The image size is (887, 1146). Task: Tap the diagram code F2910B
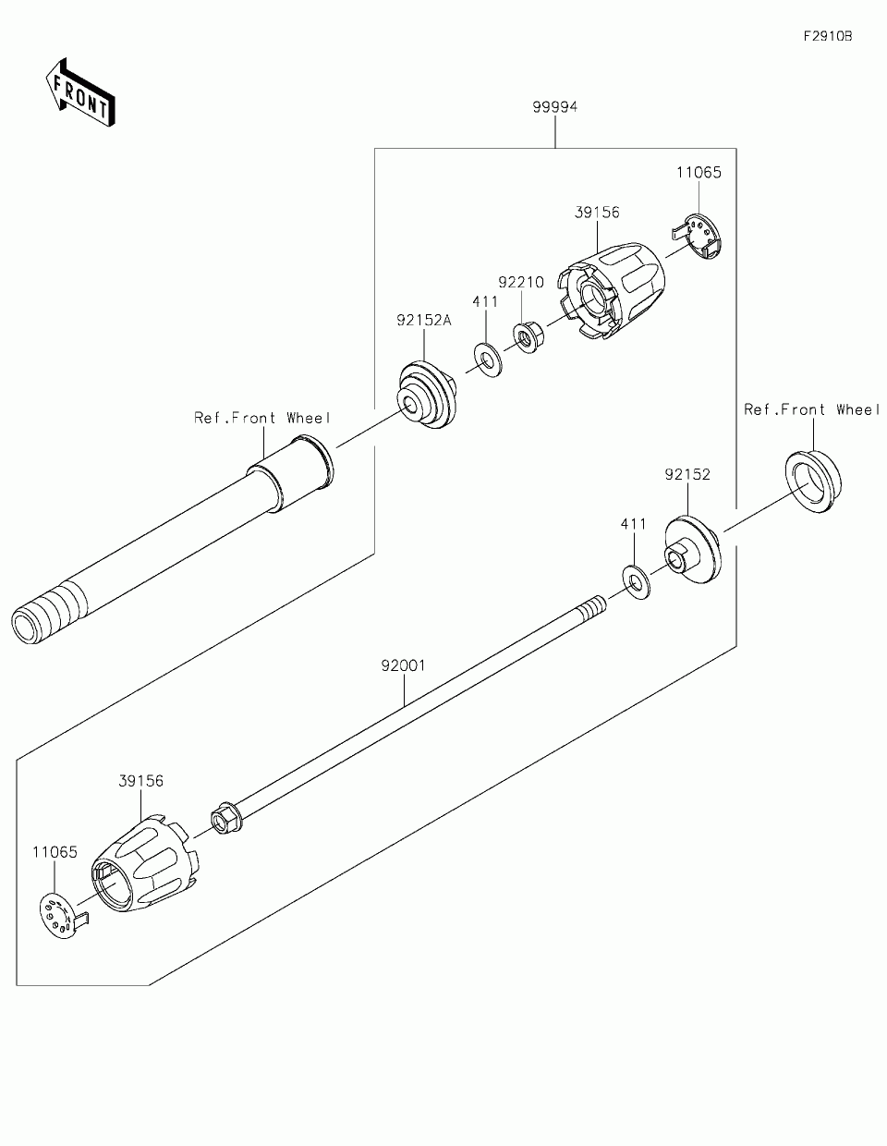point(826,36)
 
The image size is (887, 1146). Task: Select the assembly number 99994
point(554,107)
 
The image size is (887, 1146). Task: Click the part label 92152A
point(424,321)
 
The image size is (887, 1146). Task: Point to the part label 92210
point(521,281)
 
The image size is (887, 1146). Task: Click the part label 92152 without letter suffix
point(687,474)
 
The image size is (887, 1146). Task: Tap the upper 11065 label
point(699,173)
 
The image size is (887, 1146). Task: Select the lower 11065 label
point(55,852)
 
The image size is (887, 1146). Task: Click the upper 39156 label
point(597,213)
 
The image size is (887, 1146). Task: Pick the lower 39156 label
point(140,781)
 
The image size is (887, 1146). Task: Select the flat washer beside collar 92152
point(635,579)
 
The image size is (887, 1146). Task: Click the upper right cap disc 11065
point(701,235)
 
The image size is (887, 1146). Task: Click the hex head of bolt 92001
point(225,818)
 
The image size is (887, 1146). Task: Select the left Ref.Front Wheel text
point(261,418)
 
